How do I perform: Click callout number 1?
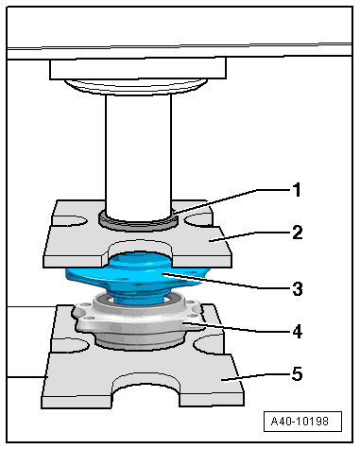(x=297, y=190)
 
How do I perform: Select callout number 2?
(x=298, y=233)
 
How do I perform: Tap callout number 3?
(x=298, y=288)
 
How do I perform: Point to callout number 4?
(x=298, y=332)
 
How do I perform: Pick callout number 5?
(x=298, y=374)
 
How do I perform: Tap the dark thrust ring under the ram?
(x=137, y=224)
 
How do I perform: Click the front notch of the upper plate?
(x=141, y=248)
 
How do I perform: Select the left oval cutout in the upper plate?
(x=70, y=220)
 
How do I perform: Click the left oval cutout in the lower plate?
(x=71, y=345)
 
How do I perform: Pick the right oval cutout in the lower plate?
(x=209, y=344)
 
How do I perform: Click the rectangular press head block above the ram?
(x=138, y=68)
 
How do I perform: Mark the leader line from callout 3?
(x=226, y=281)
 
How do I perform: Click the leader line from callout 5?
(x=256, y=377)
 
